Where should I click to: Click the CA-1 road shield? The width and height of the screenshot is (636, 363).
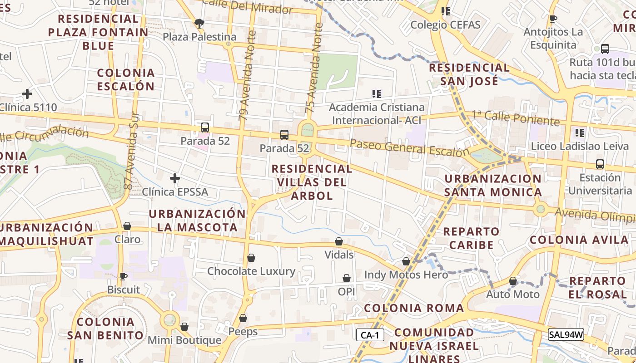(370, 335)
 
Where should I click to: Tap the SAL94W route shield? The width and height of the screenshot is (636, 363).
(566, 335)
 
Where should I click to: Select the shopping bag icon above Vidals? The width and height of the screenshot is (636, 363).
(339, 241)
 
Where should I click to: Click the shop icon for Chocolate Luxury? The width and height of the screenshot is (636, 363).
(251, 258)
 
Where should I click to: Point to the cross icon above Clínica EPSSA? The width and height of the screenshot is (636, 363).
(175, 178)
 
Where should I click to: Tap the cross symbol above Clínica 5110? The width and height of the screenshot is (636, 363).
(27, 94)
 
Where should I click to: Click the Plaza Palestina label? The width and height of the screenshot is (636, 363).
(199, 37)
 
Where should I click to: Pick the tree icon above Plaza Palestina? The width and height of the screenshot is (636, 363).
(199, 23)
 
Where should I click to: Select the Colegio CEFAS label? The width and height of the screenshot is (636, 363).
(445, 25)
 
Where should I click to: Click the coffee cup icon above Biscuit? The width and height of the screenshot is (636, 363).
(123, 276)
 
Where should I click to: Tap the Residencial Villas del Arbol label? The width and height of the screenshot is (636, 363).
(311, 182)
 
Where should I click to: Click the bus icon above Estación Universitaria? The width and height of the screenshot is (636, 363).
(600, 164)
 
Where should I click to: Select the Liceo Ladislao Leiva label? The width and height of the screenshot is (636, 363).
(580, 146)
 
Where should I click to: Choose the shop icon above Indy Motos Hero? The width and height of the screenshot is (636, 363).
(406, 261)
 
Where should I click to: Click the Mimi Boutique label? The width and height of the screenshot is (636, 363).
(184, 340)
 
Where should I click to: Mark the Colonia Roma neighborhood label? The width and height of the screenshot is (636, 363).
(414, 308)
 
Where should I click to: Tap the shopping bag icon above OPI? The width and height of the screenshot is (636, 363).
(347, 278)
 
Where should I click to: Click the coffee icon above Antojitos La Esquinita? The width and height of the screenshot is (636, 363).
(553, 19)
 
